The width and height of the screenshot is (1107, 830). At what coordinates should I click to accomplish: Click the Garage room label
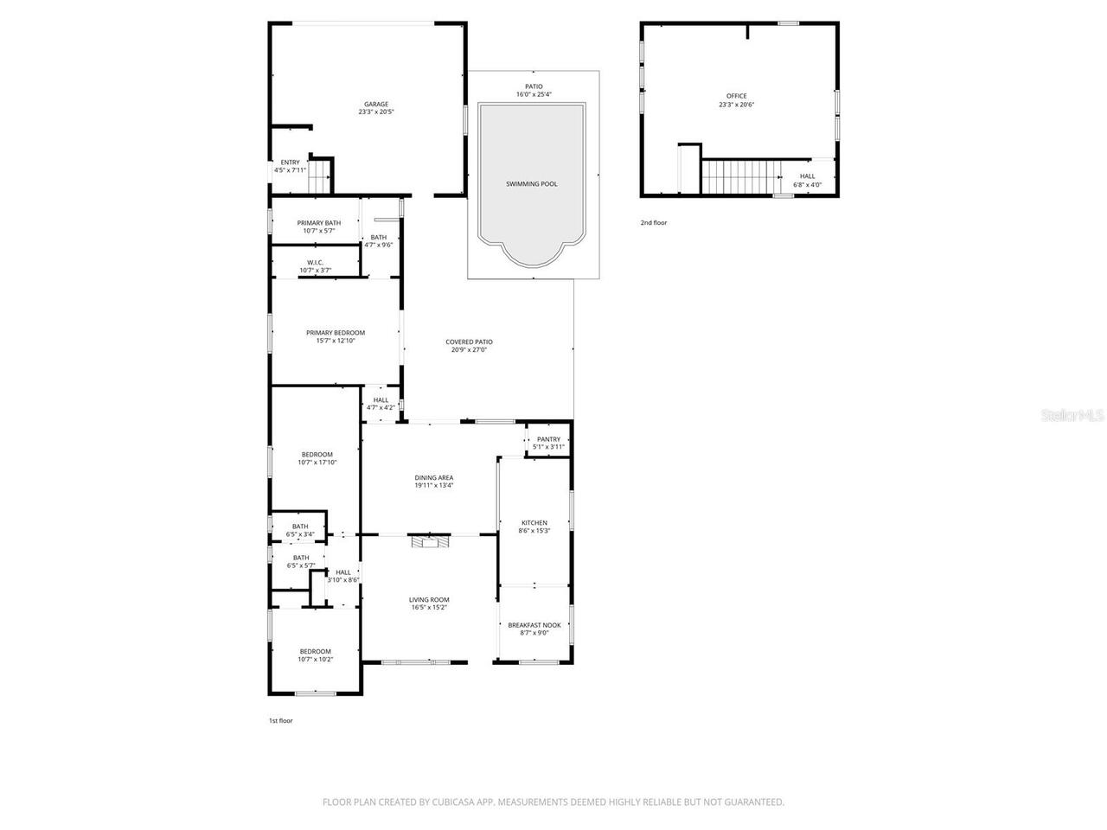point(375,105)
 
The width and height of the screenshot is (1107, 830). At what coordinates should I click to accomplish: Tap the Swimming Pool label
point(531,184)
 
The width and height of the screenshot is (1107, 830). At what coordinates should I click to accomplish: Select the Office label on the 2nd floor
point(736,96)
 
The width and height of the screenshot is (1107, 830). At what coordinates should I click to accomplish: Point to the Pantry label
point(548,439)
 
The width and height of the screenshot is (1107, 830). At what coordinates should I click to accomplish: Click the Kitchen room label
point(534,523)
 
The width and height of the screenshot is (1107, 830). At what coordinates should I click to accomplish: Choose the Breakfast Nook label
point(534,625)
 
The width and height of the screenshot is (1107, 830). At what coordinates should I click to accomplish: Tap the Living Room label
point(429,600)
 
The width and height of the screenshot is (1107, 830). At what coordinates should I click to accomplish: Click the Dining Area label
point(433,478)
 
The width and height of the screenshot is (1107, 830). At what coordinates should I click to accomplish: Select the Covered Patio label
point(469,342)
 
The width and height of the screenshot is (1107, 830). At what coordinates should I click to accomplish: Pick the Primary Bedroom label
point(336,333)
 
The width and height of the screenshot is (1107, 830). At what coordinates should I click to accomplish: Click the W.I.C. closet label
point(315,263)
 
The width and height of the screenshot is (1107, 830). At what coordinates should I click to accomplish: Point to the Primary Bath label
point(319,223)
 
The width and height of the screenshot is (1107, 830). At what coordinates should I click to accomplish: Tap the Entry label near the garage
point(290,163)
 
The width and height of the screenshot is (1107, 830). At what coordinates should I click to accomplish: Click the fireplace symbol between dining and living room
point(430,541)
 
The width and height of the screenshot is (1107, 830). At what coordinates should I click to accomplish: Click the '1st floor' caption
point(280,720)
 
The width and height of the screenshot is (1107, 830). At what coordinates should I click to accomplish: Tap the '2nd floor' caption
point(654,223)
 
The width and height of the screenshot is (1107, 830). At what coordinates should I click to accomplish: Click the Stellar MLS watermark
point(1072,416)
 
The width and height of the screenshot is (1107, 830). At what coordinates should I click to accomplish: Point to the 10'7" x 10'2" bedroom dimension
point(315,660)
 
